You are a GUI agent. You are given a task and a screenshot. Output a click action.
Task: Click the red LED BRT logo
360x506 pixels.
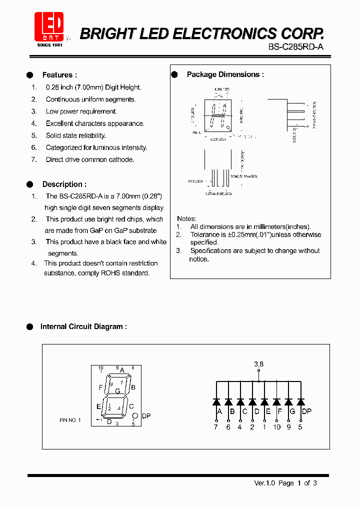(49, 26)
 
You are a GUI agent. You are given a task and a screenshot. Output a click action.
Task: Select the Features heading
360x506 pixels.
(59, 75)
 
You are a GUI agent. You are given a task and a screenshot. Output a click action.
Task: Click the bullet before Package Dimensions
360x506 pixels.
(175, 74)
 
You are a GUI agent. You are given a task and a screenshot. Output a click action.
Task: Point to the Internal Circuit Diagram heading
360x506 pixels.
(83, 326)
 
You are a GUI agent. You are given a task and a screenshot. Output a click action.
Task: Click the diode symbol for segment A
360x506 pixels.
(216, 401)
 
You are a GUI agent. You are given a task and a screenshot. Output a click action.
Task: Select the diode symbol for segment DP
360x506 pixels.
(300, 401)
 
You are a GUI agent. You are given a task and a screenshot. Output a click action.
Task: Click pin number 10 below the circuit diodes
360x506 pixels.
(276, 426)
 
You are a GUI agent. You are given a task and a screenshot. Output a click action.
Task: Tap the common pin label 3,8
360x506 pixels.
(258, 364)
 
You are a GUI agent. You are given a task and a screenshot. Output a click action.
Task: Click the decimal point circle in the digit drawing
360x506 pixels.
(134, 416)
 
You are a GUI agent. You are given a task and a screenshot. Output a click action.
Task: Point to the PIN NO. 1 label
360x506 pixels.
(69, 420)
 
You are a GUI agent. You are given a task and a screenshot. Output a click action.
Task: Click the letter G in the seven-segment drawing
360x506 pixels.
(117, 391)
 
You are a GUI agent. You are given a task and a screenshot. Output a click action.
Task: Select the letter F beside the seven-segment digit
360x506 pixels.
(101, 387)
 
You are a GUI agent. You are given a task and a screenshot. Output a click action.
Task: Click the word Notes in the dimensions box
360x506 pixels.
(186, 219)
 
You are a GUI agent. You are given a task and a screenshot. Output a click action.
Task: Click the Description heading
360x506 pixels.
(64, 184)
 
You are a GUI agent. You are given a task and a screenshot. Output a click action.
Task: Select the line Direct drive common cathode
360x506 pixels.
(90, 159)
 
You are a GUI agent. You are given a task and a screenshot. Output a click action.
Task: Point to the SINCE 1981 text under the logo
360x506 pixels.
(49, 45)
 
